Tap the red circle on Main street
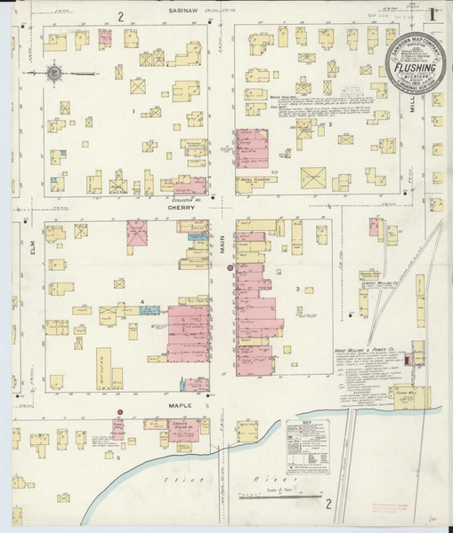230,267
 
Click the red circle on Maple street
117,412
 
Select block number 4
142,302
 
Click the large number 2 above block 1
117,16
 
